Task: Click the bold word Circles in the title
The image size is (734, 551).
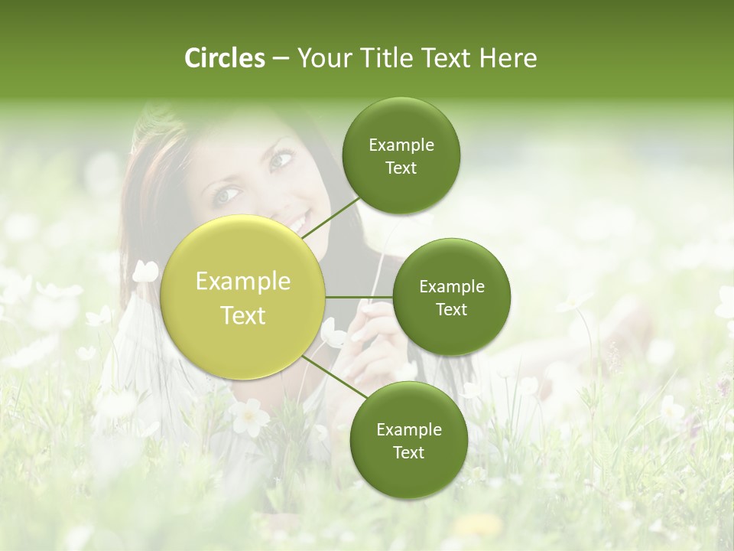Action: pos(224,58)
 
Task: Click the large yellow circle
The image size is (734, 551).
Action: pos(243,297)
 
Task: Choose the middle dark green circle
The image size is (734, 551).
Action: pos(452,297)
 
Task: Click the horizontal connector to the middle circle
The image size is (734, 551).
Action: pos(359,297)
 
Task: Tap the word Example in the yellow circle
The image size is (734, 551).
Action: pos(243,282)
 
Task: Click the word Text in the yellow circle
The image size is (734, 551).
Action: pos(243,315)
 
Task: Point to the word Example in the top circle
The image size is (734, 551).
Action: pos(401,145)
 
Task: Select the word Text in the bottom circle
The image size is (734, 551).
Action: pos(408,452)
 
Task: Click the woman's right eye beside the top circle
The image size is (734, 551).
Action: pos(281,160)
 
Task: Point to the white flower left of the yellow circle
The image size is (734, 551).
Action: pos(145,271)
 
